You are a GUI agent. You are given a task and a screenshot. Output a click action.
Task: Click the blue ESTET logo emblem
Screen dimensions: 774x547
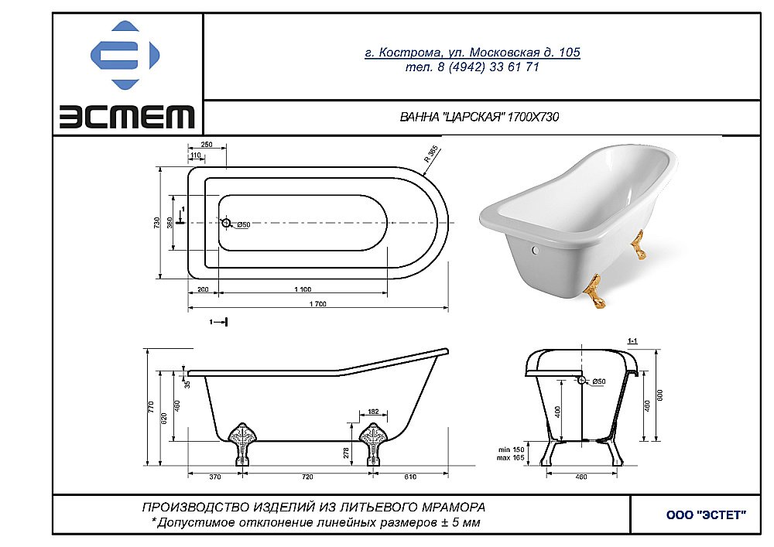tap(125, 55)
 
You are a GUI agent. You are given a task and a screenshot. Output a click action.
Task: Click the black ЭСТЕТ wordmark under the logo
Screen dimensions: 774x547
tap(128, 116)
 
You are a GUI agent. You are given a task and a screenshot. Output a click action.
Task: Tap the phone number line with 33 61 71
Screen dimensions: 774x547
tap(472, 67)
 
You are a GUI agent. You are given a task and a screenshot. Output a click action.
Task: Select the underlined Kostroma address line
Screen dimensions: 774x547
tap(472, 53)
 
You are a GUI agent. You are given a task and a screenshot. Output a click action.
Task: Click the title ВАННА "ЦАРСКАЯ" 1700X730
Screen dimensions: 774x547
tap(479, 117)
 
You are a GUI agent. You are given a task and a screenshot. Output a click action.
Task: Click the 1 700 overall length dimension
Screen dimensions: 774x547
tap(318, 304)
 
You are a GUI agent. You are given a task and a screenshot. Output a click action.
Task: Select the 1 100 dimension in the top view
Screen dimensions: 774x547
tap(303, 289)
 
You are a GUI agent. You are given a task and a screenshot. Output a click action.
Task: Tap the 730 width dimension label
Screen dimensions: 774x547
tap(157, 223)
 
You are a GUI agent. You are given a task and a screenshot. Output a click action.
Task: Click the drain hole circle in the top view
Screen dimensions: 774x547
tap(226, 223)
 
